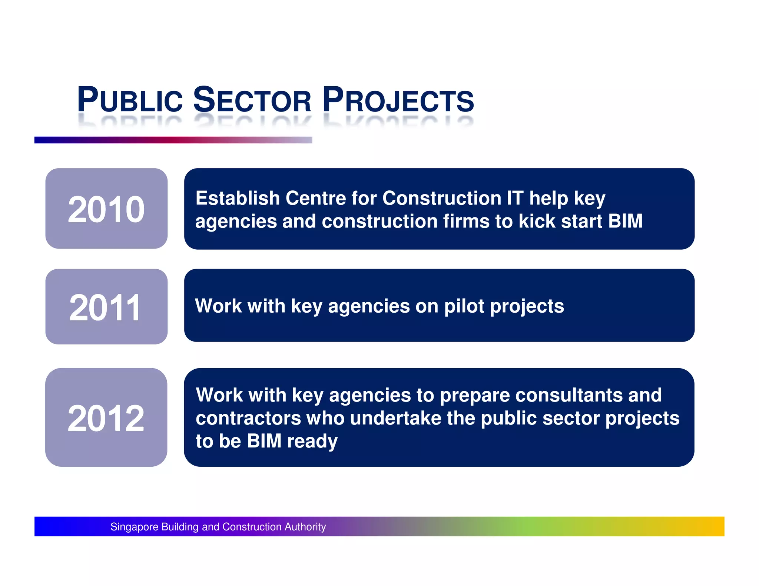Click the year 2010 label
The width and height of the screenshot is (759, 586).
106,210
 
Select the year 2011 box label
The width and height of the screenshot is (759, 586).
105,307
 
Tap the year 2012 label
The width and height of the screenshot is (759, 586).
106,418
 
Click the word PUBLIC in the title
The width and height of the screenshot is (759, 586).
130,100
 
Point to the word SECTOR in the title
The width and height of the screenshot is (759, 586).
252,100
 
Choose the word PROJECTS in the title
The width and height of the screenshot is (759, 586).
398,100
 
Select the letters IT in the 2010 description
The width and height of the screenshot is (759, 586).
515,198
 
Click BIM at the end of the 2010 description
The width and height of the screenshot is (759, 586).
625,221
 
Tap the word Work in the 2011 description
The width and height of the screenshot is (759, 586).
218,306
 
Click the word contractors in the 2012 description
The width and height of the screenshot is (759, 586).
248,418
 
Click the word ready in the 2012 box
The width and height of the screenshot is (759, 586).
312,442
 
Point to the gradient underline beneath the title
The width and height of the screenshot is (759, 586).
173,140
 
